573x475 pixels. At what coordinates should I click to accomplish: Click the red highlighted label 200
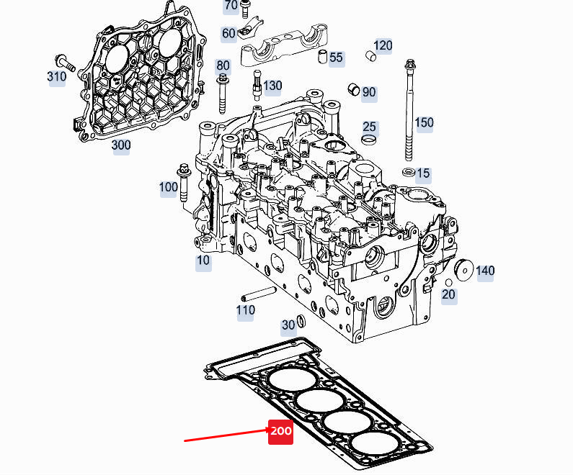point(280,431)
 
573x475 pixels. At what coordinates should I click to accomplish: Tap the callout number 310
point(57,76)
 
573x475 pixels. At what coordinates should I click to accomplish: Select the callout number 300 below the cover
point(121,145)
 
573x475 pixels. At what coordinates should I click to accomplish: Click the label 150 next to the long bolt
point(424,122)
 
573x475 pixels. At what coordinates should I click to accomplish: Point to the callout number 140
point(485,271)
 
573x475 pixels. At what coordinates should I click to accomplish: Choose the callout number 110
point(246,311)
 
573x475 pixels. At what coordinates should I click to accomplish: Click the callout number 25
point(369,127)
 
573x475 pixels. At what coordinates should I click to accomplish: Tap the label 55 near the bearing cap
point(336,58)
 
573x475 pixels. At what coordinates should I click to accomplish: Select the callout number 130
point(272,86)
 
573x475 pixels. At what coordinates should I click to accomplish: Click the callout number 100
point(168,187)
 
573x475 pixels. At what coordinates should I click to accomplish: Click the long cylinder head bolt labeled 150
point(410,108)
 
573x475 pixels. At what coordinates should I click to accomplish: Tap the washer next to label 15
point(408,172)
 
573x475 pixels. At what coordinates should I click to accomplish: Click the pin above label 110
point(259,294)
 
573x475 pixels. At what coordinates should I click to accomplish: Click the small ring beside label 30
point(301,322)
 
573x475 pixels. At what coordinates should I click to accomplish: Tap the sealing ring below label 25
point(368,139)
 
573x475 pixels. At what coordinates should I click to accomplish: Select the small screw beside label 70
point(245,9)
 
